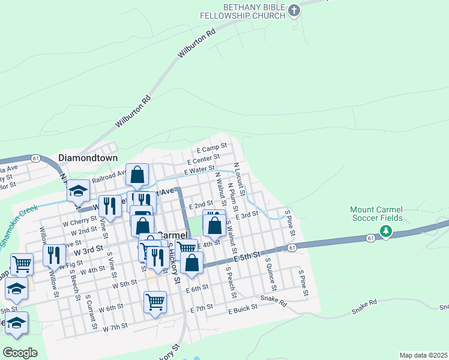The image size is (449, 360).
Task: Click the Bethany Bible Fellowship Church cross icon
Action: (294, 10)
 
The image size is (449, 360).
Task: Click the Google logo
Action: (20, 353)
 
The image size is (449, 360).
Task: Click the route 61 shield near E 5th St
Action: (291, 247)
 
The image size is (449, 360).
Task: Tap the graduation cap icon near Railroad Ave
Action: (78, 190)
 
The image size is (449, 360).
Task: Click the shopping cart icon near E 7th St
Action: (155, 301)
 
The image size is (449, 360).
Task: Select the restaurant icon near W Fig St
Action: (54, 255)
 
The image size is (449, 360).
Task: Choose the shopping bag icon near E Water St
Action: (137, 175)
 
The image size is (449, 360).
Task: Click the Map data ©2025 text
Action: (423, 355)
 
